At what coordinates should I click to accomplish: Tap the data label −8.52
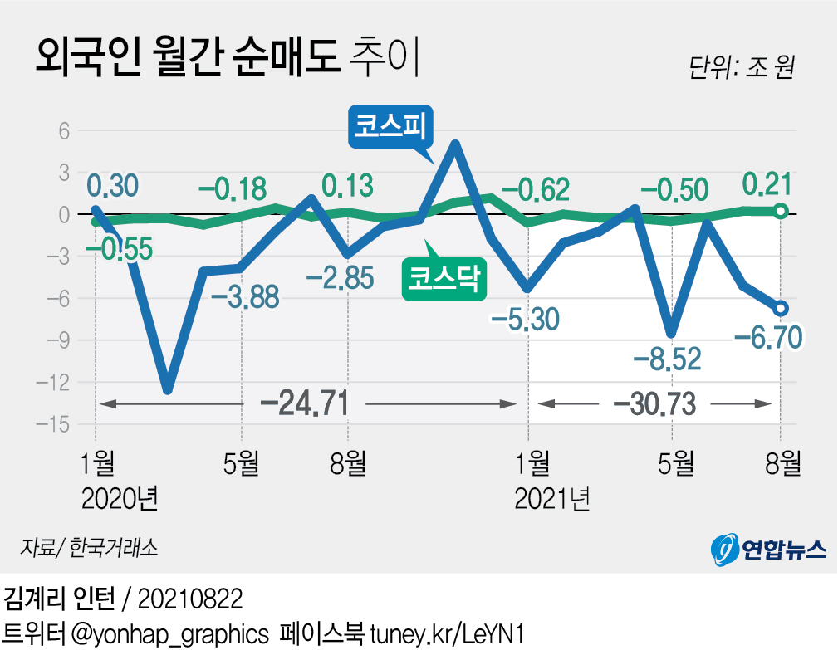pos(667,359)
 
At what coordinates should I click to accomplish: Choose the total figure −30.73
pos(653,404)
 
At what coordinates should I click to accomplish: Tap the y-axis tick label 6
pos(63,130)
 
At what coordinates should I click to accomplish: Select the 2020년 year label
pos(121,499)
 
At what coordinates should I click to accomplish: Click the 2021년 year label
pos(553,499)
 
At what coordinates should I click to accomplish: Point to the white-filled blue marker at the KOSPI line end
pos(780,309)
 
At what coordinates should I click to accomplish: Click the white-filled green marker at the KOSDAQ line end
pos(780,212)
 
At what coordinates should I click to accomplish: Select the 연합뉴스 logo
pos(769,547)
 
